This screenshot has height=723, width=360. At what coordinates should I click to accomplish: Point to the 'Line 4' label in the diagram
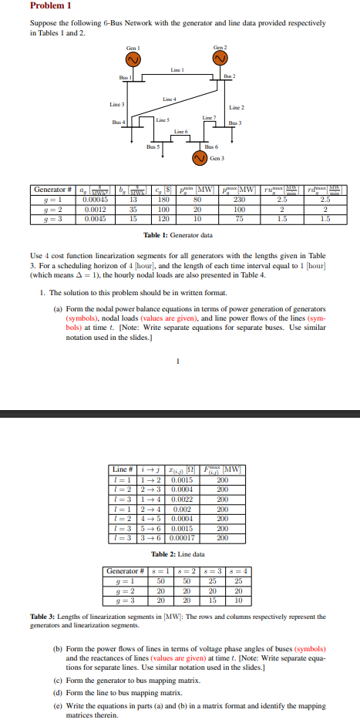point(170,99)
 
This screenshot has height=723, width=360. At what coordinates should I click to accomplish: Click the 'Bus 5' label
point(153,145)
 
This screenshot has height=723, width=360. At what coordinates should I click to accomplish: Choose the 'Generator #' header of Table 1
point(54,190)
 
